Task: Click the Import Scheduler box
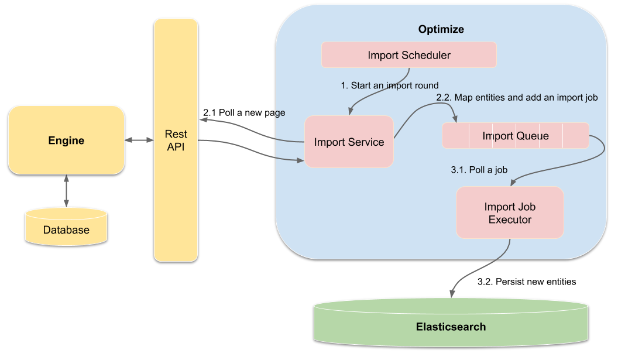pyautogui.click(x=409, y=56)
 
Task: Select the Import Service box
pyautogui.click(x=349, y=142)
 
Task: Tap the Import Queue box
pyautogui.click(x=516, y=136)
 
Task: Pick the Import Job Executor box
pyautogui.click(x=509, y=212)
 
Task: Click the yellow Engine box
pyautogui.click(x=66, y=140)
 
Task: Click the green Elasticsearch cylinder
pyautogui.click(x=451, y=325)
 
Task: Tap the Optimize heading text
pyautogui.click(x=441, y=29)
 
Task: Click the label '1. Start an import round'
pyautogui.click(x=389, y=85)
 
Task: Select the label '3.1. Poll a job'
pyautogui.click(x=479, y=170)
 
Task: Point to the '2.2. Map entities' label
pyautogui.click(x=517, y=98)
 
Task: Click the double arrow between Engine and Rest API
pyautogui.click(x=139, y=140)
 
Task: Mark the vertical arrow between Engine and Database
pyautogui.click(x=66, y=190)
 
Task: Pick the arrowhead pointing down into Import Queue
pyautogui.click(x=455, y=120)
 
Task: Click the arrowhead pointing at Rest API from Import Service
pyautogui.click(x=203, y=119)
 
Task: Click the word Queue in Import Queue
pyautogui.click(x=532, y=136)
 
